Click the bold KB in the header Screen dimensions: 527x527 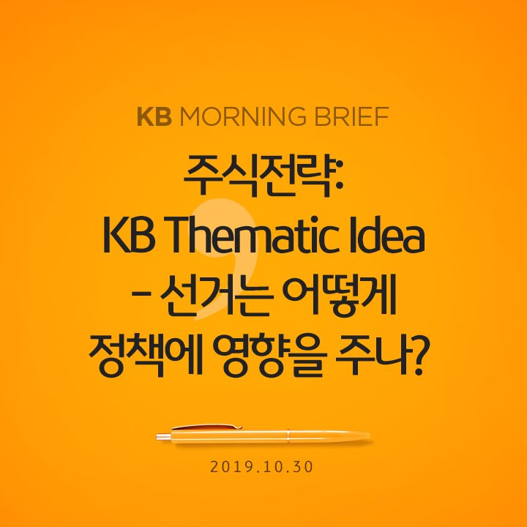point(154,117)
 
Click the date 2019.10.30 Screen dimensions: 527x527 point(263,466)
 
